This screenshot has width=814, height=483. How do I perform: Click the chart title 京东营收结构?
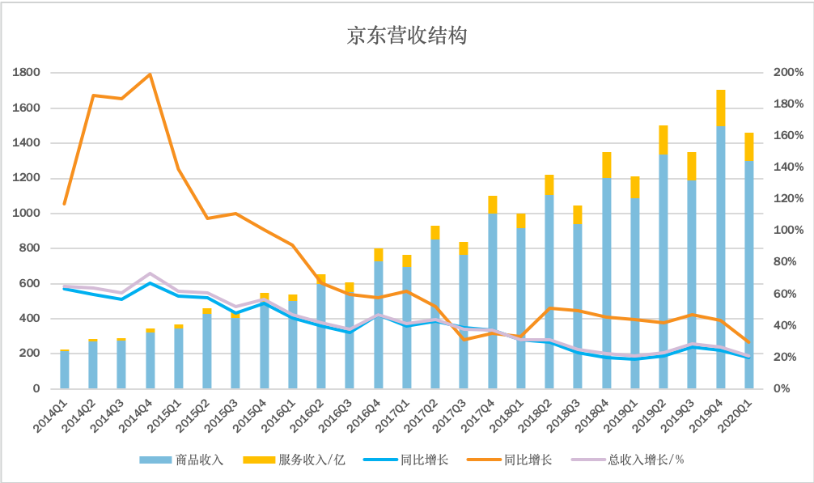coord(406,36)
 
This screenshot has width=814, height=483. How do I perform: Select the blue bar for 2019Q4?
coord(720,259)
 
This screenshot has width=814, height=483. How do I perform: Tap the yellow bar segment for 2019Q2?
coord(663,140)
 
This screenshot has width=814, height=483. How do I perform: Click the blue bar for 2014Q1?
coord(65,370)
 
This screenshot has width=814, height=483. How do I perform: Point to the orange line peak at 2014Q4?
coord(150,74)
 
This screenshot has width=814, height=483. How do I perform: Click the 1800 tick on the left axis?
coord(27,73)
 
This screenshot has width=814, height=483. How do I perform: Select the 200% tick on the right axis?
coord(788,73)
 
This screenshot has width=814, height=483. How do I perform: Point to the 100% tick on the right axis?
coord(788,231)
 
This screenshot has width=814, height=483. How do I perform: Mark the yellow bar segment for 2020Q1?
coord(749,146)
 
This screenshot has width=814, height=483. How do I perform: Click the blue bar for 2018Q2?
coord(549,291)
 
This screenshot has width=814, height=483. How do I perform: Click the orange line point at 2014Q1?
coord(65,204)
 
